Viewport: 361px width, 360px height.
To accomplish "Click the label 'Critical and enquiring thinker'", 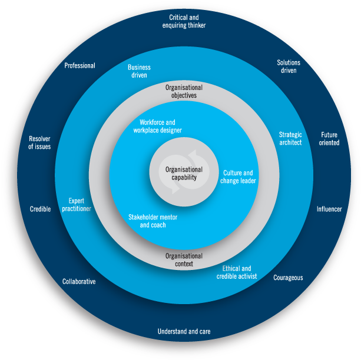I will pos(184,22).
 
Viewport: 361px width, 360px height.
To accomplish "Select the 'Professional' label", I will pos(80,66).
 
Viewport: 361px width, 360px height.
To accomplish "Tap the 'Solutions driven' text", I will pos(289,66).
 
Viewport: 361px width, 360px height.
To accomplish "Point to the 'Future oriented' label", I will pos(329,139).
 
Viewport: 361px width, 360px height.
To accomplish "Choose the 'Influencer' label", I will pos(329,209).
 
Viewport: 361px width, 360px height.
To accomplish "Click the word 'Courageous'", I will pos(288,278).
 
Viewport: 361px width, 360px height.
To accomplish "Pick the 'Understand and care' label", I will pos(184,332).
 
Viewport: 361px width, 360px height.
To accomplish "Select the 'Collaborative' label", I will pos(79,282).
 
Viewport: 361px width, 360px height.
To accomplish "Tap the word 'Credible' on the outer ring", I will pos(41,209).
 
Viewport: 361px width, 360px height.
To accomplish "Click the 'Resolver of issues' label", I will pos(40,143).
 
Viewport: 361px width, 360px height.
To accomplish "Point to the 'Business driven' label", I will pos(139,71).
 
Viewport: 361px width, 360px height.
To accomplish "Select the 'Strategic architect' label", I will pos(290,139).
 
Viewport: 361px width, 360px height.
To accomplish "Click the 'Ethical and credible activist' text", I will pos(237,272).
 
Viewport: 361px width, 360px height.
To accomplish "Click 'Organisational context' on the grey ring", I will pos(184,260).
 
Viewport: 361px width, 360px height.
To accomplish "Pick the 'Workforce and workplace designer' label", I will pos(157,126).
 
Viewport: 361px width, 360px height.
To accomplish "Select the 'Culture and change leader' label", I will pos(239,176).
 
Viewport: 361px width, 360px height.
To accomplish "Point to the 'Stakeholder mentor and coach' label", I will pos(153,221).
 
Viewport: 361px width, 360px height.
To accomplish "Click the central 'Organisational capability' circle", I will pos(184,174).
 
